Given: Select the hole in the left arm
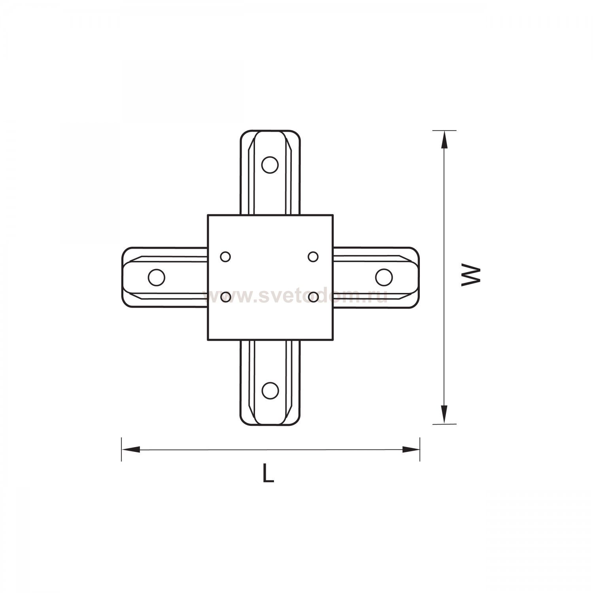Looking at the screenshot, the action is [156, 278].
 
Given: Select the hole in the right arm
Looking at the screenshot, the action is [383, 278].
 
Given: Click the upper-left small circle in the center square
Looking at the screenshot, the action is [226, 257].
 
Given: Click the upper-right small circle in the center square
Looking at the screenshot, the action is [313, 257].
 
